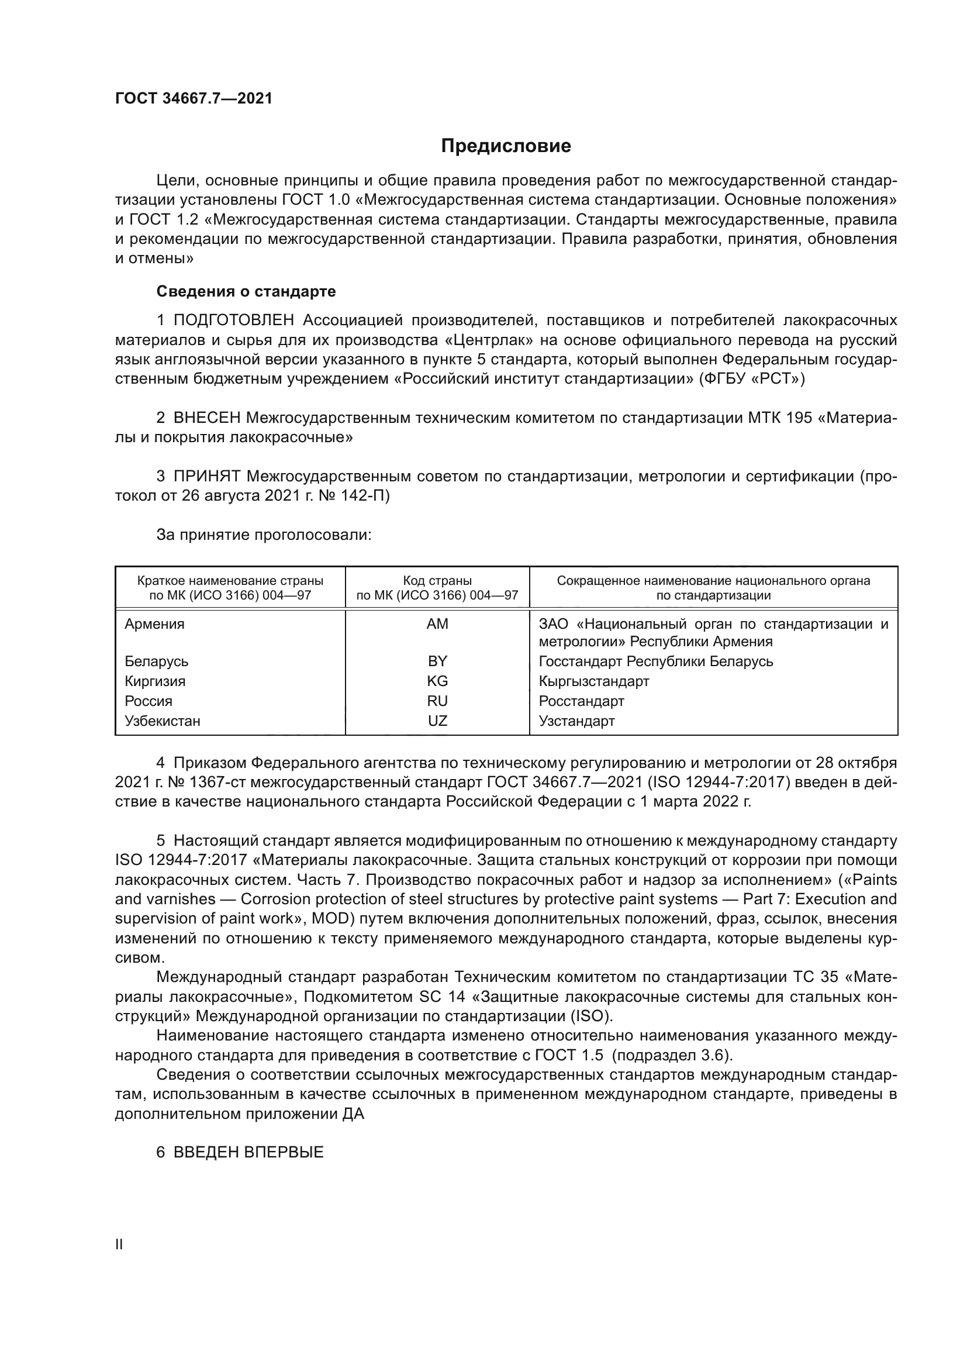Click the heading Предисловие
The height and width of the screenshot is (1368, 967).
(506, 146)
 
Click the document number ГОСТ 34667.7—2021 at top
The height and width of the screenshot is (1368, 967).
(194, 99)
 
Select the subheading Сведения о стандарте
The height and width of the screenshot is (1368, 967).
(246, 291)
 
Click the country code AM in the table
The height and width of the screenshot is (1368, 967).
(437, 624)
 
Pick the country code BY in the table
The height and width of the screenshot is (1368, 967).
(437, 661)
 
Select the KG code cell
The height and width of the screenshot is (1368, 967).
(437, 681)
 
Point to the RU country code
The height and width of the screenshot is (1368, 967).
(437, 701)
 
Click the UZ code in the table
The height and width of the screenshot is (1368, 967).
(437, 721)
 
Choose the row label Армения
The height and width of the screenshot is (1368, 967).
(154, 624)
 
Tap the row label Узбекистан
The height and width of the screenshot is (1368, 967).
(162, 721)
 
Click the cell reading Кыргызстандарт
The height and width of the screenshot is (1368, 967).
(593, 681)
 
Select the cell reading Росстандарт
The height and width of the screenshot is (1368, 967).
(581, 701)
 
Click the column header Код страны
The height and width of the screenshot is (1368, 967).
(437, 580)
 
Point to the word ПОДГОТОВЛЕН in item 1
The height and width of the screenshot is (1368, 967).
(233, 321)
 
